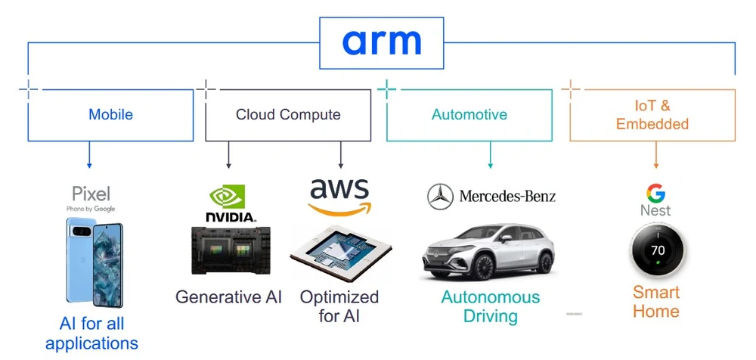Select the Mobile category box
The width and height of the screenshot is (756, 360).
110,115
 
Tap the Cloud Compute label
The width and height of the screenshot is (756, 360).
288,115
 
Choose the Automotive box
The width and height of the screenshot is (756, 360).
469,115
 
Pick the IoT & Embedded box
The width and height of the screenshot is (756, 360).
652,115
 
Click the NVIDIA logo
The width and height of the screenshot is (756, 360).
231,204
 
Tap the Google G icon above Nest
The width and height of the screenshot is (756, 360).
655,192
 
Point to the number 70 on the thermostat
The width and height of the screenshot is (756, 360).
656,250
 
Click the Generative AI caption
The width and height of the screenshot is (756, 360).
228,296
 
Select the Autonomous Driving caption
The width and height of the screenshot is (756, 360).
491,306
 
